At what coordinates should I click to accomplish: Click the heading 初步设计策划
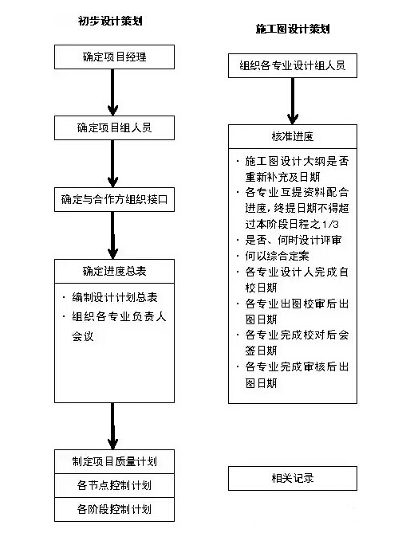click(x=110, y=21)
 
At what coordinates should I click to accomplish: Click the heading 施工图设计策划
click(x=293, y=29)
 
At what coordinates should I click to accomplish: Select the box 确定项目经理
click(x=114, y=57)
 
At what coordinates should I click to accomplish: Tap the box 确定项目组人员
click(x=114, y=127)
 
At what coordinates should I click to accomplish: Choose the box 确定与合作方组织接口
click(x=114, y=199)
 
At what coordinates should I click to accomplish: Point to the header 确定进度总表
click(x=114, y=271)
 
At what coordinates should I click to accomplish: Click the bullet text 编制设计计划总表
click(x=115, y=297)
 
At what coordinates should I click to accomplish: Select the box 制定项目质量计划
click(x=114, y=461)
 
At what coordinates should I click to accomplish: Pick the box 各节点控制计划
click(x=114, y=485)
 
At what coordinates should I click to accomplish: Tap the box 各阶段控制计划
click(x=114, y=510)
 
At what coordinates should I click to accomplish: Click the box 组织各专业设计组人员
click(x=293, y=65)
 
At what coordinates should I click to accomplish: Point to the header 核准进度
click(x=293, y=136)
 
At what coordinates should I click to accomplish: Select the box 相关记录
click(x=293, y=478)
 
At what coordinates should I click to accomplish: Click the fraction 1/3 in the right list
click(x=330, y=225)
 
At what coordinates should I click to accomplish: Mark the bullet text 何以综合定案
click(x=277, y=256)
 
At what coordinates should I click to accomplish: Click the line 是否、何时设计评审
click(x=293, y=240)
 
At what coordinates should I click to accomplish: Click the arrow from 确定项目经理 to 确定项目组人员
click(x=112, y=92)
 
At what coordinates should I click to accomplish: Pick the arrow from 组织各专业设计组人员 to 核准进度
click(x=293, y=101)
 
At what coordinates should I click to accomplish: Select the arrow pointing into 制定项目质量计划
click(x=112, y=426)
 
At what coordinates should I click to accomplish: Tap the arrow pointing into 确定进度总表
click(x=112, y=235)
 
